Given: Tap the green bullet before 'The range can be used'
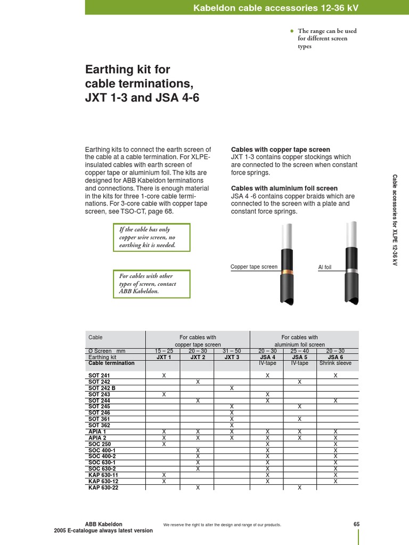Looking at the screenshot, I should point(291,31).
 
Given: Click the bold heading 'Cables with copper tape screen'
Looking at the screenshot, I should point(280,150).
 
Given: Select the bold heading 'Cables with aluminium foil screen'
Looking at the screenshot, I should point(284,188).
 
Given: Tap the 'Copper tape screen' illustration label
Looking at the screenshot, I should point(253,267).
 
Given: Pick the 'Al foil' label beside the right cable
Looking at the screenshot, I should point(324,267).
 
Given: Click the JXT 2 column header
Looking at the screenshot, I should point(198,357).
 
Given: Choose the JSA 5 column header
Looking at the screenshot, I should point(299,357).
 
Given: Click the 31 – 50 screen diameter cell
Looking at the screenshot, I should point(232,351).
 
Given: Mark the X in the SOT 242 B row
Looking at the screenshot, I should point(232,388).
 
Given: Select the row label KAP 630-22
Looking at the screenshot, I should point(103,487).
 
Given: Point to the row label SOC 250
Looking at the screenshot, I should point(100,444).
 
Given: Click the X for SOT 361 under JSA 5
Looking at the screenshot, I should point(299,419).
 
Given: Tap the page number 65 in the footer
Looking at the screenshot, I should point(356,524).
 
